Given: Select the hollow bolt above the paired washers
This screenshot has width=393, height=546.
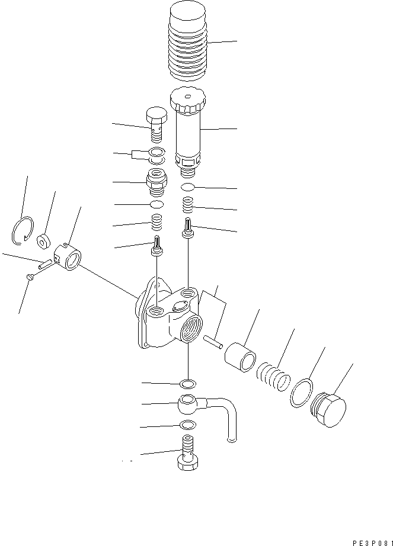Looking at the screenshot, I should coord(156,125).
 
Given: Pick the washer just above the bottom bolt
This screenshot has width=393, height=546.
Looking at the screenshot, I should coord(187,425).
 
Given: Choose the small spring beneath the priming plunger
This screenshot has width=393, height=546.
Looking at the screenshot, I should coord(187,205).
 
